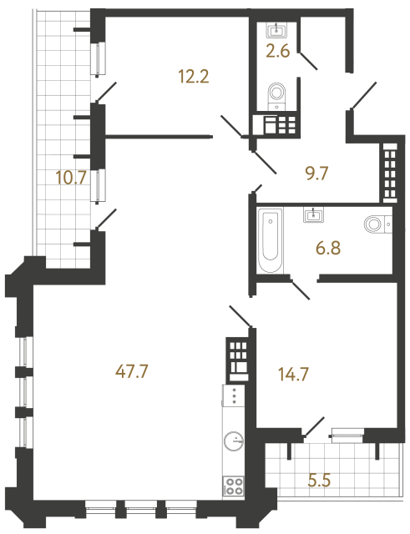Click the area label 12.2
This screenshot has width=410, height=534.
[x=192, y=78]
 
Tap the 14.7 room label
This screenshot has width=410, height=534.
[x=293, y=375]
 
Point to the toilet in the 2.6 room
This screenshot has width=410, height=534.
[x=276, y=95]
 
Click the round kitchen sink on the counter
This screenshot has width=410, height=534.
[x=235, y=440]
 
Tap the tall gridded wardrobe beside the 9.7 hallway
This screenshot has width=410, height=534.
[x=388, y=173]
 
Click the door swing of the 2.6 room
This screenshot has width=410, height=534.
[x=307, y=60]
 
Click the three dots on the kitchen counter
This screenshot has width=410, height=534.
[x=235, y=396]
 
